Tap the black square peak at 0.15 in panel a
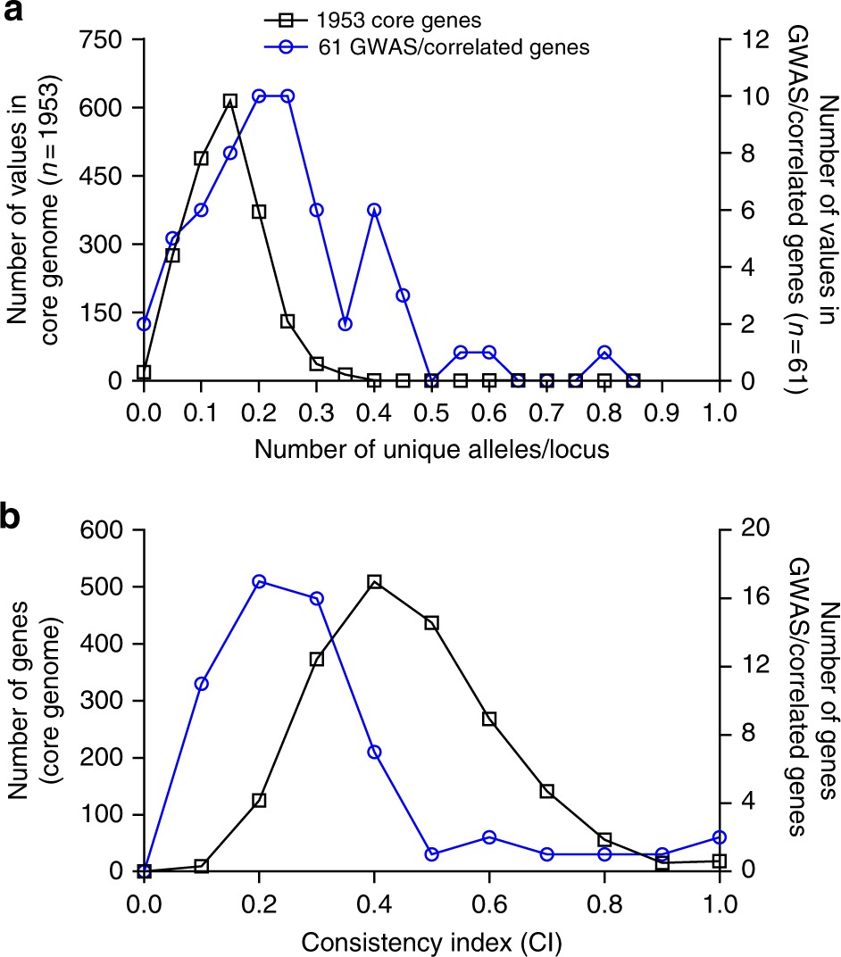pos(229,102)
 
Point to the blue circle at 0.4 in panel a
pos(374,210)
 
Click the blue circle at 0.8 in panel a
pos(604,353)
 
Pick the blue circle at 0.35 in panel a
pos(346,324)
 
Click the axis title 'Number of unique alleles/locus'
pos(431,449)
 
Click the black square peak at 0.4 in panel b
pos(374,582)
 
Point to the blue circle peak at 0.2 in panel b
pos(259,582)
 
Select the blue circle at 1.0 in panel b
pos(720,837)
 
